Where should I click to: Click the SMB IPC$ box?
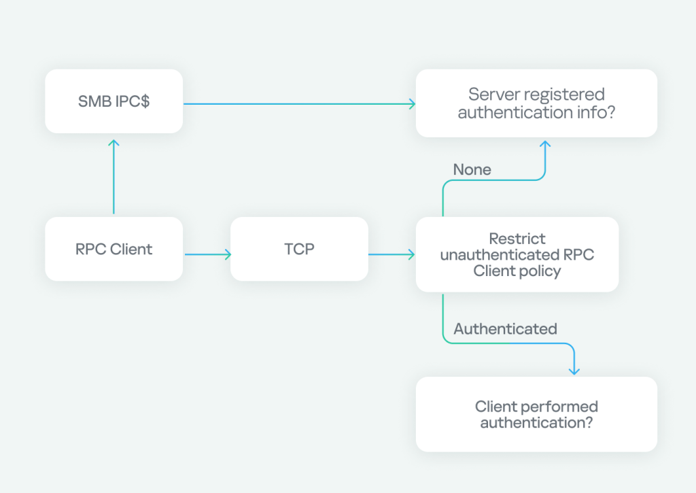point(114,101)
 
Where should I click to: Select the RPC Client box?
point(114,249)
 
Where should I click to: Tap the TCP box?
point(299,249)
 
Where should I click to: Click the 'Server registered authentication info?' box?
point(536,103)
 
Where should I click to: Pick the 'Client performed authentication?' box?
point(536,414)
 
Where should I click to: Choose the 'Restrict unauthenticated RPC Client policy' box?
point(517,254)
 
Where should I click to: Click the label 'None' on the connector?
point(472,169)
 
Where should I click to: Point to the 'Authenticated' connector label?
point(505,329)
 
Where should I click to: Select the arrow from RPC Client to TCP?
point(207,255)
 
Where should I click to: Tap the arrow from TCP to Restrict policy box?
point(391,255)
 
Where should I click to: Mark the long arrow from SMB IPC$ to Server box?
point(299,104)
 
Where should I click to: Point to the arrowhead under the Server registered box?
point(544,145)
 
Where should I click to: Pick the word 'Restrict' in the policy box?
point(517,239)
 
